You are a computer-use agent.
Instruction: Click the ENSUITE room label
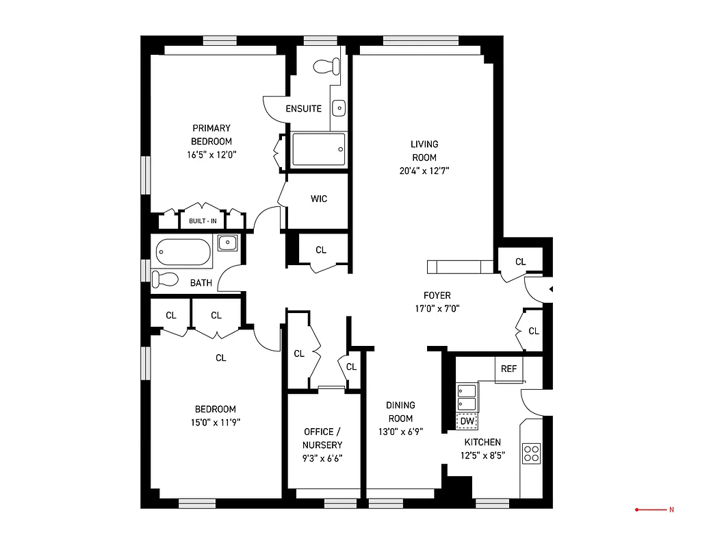(303, 108)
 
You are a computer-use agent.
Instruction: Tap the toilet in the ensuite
(326, 66)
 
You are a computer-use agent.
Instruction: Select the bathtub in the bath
(183, 253)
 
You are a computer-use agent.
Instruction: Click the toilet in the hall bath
(164, 279)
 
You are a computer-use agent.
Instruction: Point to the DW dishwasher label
(467, 421)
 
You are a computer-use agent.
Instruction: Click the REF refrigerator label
(508, 369)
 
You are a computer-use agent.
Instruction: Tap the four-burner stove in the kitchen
(531, 453)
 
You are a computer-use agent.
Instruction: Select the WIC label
(319, 199)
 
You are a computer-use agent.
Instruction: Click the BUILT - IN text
(203, 221)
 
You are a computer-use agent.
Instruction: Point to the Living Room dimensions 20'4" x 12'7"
(424, 171)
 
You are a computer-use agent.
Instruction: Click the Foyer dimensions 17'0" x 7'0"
(437, 308)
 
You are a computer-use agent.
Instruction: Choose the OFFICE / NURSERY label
(322, 438)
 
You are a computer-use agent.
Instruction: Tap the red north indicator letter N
(671, 510)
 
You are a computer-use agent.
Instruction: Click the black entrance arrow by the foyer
(551, 290)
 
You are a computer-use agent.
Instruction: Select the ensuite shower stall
(319, 149)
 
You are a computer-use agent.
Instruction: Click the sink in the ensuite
(338, 108)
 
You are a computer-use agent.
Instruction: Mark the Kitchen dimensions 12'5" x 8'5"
(482, 456)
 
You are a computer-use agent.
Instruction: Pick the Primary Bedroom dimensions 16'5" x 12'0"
(211, 155)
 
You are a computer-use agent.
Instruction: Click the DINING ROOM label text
(400, 412)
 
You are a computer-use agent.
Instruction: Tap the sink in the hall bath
(228, 242)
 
